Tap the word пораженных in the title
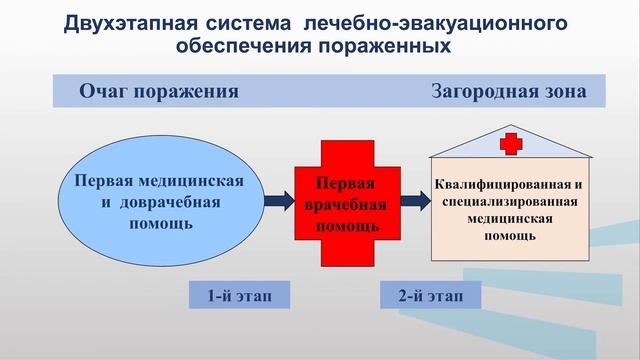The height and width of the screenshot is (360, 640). (x=384, y=46)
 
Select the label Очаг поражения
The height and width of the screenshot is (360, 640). (x=159, y=93)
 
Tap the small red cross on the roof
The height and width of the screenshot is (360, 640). (x=512, y=143)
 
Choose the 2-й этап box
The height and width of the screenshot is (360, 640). (x=430, y=295)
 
